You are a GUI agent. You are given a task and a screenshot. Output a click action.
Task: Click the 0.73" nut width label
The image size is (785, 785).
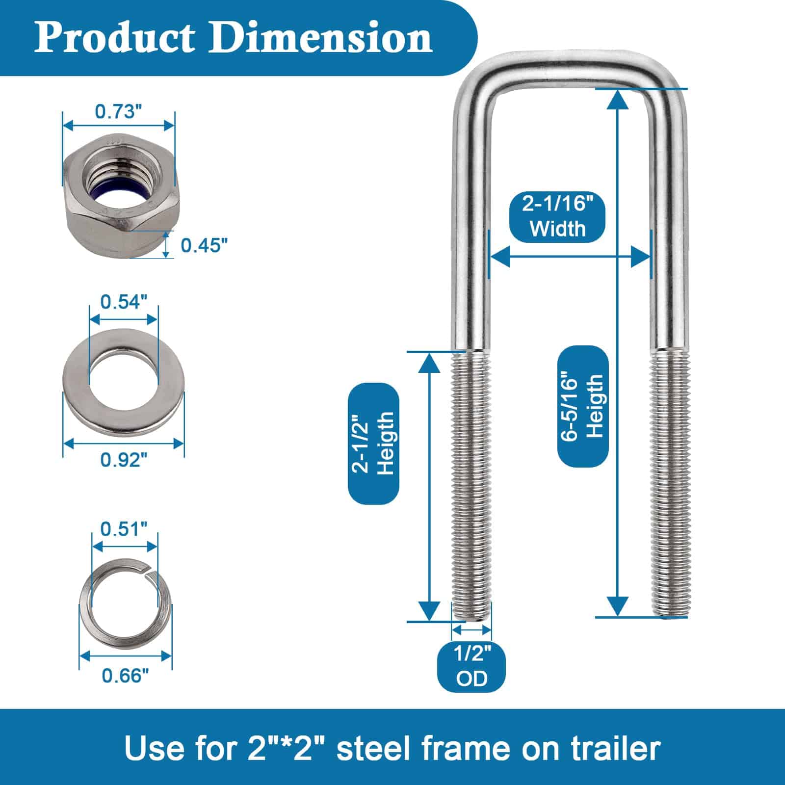point(115,112)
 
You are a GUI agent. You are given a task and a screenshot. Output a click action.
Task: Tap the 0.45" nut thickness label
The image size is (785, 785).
point(205,245)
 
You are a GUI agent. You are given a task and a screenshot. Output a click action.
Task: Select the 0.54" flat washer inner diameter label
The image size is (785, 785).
point(124,302)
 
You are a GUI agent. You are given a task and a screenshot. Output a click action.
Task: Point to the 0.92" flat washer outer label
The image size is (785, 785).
point(124,460)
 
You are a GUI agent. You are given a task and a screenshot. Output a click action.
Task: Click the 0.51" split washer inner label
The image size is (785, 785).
point(124,529)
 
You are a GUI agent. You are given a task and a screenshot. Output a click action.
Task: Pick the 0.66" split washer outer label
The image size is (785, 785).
point(125,676)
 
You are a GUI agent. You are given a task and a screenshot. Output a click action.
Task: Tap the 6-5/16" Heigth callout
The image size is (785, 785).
point(583,406)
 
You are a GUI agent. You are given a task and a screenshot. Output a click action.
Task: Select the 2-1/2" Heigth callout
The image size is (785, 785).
point(373,444)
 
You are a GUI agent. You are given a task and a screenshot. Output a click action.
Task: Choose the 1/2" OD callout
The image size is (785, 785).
point(471,666)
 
